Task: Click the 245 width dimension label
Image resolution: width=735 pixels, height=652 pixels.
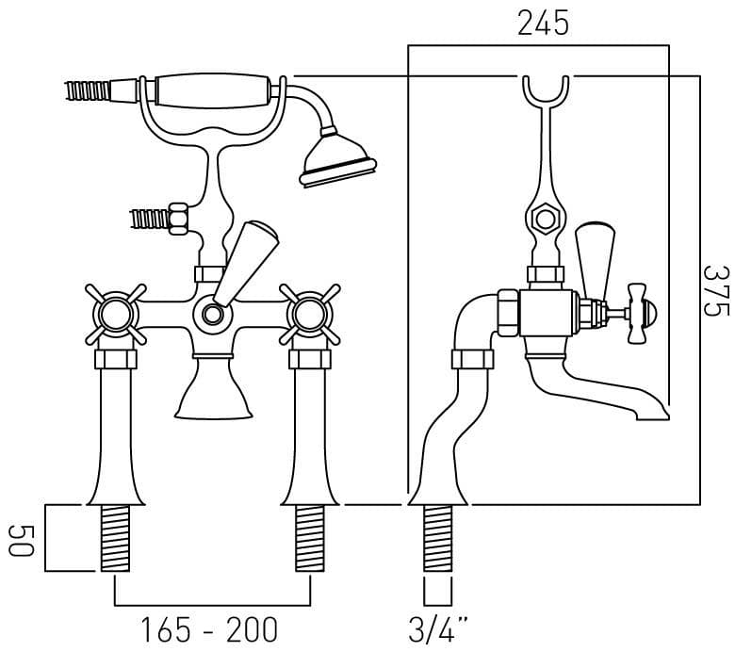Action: pos(543,23)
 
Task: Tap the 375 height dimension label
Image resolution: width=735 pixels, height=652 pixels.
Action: pos(717,290)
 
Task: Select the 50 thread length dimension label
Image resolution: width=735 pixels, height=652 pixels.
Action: pos(22,541)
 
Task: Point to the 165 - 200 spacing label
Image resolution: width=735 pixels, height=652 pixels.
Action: pos(209,629)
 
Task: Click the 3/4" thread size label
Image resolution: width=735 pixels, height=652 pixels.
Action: pos(438,629)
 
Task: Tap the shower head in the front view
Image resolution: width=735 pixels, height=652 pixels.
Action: pos(337,155)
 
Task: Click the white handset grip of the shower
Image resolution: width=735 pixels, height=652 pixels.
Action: pos(212,91)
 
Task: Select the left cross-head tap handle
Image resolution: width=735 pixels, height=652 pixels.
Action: pos(115,314)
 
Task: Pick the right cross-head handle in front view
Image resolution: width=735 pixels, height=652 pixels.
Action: pos(310,314)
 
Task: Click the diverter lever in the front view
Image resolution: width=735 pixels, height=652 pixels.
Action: pos(246,264)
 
